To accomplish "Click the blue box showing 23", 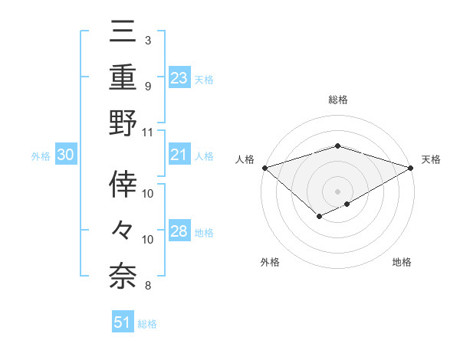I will pyautogui.click(x=179, y=77).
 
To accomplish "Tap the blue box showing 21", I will pyautogui.click(x=179, y=155).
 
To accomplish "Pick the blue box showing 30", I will pyautogui.click(x=65, y=155).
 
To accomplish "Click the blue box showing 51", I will pyautogui.click(x=123, y=322).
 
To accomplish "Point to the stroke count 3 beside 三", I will pyautogui.click(x=147, y=40).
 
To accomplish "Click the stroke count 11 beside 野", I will pyautogui.click(x=148, y=132).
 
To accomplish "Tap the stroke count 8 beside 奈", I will pyautogui.click(x=147, y=286).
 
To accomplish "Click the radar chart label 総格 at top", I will pyautogui.click(x=337, y=100).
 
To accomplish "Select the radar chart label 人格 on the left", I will pyautogui.click(x=245, y=159).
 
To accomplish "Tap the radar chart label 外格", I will pyautogui.click(x=270, y=262).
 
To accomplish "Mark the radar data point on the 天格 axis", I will pyautogui.click(x=411, y=167).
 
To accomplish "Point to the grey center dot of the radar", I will pyautogui.click(x=337, y=191).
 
